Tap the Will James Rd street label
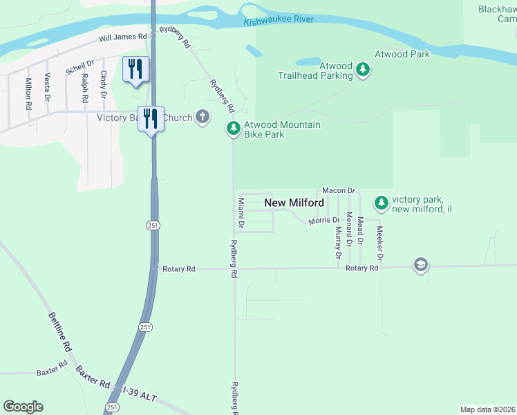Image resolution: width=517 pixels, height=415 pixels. pyautogui.click(x=123, y=37)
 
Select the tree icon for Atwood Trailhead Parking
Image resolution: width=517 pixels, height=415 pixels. pyautogui.click(x=363, y=69)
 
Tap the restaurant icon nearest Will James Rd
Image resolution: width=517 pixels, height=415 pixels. pyautogui.click(x=135, y=69)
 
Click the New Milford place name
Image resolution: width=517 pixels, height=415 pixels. pyautogui.click(x=294, y=203)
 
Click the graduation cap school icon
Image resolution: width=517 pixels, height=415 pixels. pyautogui.click(x=420, y=265)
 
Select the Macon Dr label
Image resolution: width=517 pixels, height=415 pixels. pyautogui.click(x=338, y=190)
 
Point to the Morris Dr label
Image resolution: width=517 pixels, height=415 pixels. pyautogui.click(x=323, y=221)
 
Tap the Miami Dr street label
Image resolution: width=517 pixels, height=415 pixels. pyautogui.click(x=241, y=213)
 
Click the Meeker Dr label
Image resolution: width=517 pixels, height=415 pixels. pyautogui.click(x=379, y=243)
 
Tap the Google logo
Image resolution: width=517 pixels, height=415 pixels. pyautogui.click(x=23, y=407)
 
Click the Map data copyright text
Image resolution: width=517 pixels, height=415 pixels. pyautogui.click(x=488, y=409)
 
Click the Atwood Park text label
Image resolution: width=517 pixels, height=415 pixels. pyautogui.click(x=402, y=54)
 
